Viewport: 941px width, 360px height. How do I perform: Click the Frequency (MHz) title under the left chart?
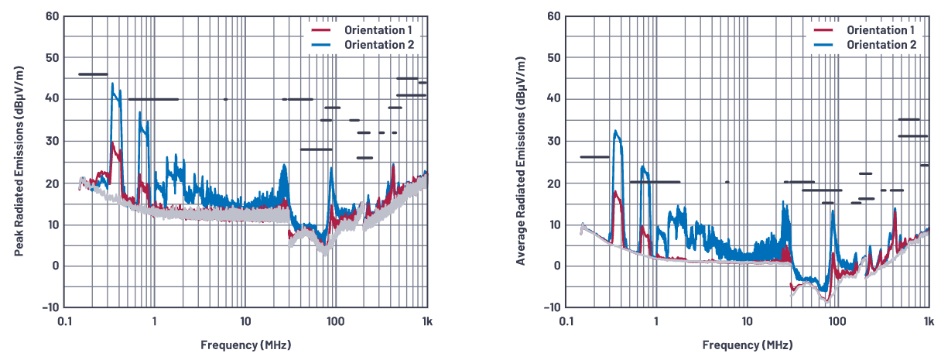click(246, 345)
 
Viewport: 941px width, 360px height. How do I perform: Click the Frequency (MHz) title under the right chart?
click(748, 345)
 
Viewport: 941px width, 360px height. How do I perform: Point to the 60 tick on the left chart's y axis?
click(50, 16)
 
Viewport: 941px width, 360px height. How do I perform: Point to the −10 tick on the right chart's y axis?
click(551, 307)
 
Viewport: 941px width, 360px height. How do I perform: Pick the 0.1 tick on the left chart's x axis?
click(64, 321)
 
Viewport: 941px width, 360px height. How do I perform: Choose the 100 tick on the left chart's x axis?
click(335, 321)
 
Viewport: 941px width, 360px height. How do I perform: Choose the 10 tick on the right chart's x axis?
click(748, 321)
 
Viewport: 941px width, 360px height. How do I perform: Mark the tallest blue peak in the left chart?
click(112, 84)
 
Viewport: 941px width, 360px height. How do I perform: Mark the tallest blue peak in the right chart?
click(615, 131)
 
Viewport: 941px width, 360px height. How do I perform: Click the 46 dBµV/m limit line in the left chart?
click(93, 74)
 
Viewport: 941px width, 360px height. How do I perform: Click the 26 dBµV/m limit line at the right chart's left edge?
click(594, 157)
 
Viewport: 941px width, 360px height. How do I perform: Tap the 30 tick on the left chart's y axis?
click(50, 141)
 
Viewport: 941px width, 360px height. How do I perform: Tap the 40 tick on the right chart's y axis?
click(553, 99)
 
